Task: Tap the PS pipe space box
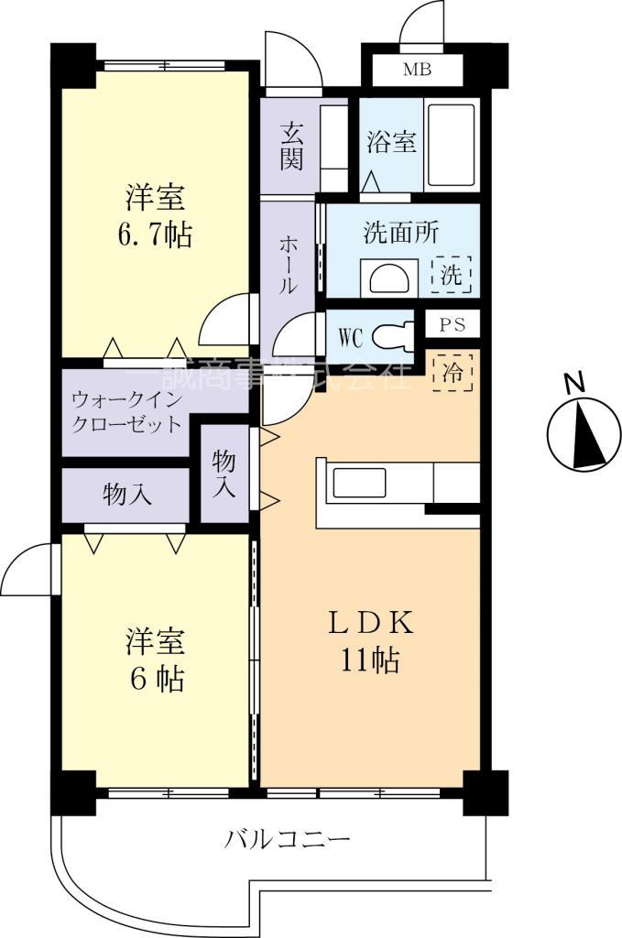452,324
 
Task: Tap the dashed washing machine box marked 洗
452,274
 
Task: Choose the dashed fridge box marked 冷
452,372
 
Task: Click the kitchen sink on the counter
358,483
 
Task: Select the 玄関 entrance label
291,146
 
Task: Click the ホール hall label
287,264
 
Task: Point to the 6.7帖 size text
155,235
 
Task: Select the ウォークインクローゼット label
127,411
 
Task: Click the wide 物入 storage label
126,495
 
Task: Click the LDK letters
372,623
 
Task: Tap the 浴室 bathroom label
392,143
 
